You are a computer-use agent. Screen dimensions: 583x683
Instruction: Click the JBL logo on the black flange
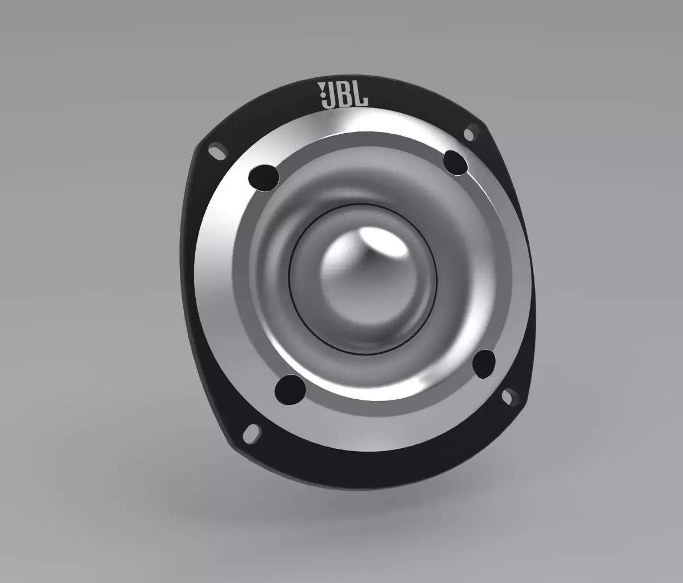pyautogui.click(x=341, y=95)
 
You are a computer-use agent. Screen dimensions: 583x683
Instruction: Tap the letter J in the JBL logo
pyautogui.click(x=328, y=96)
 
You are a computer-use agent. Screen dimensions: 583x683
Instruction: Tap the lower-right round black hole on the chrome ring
pyautogui.click(x=484, y=364)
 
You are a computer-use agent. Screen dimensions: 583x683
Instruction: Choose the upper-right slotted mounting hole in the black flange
pyautogui.click(x=470, y=134)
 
